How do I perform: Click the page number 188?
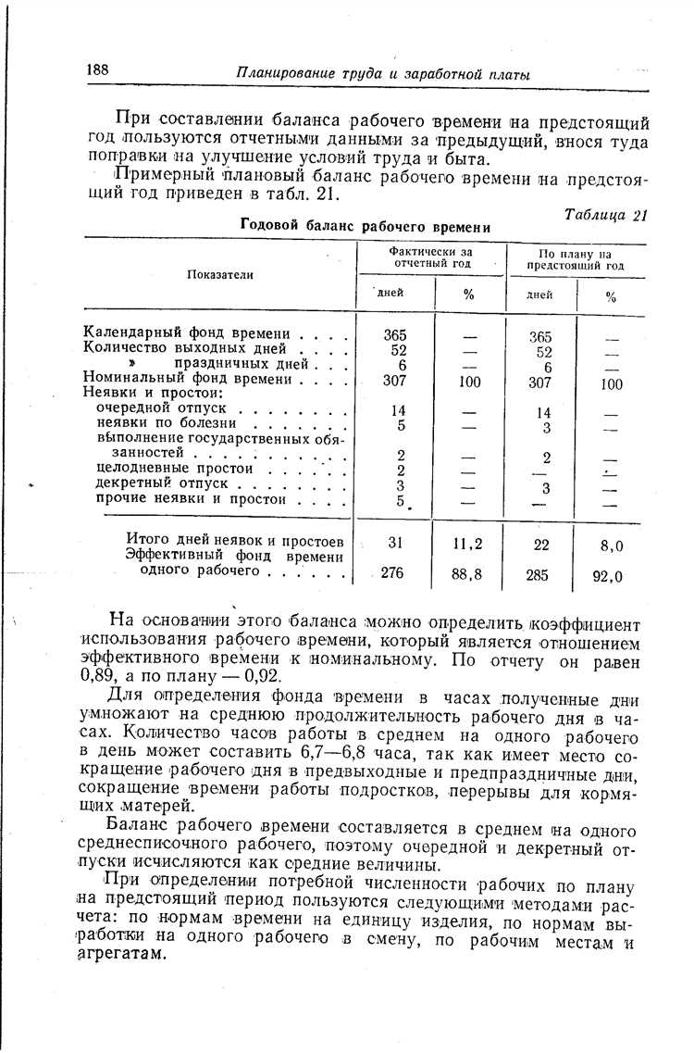point(99,71)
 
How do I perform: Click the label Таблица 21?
point(605,215)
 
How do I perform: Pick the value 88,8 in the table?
point(466,574)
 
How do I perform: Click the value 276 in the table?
point(392,573)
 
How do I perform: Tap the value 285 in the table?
point(538,575)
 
